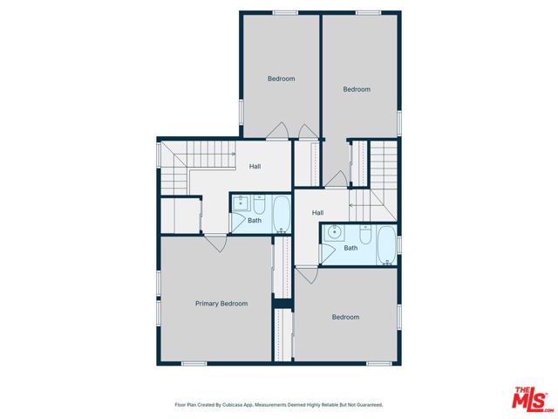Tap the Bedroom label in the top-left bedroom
point(281,79)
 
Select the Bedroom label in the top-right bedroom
point(357,89)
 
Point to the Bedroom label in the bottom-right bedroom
point(345,317)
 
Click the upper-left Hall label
point(255,167)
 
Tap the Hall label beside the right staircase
point(318,213)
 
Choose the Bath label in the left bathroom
point(254,220)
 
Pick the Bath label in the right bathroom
point(350,248)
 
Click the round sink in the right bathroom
point(333,235)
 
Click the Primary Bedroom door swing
point(215,244)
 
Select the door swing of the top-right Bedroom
point(336,179)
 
